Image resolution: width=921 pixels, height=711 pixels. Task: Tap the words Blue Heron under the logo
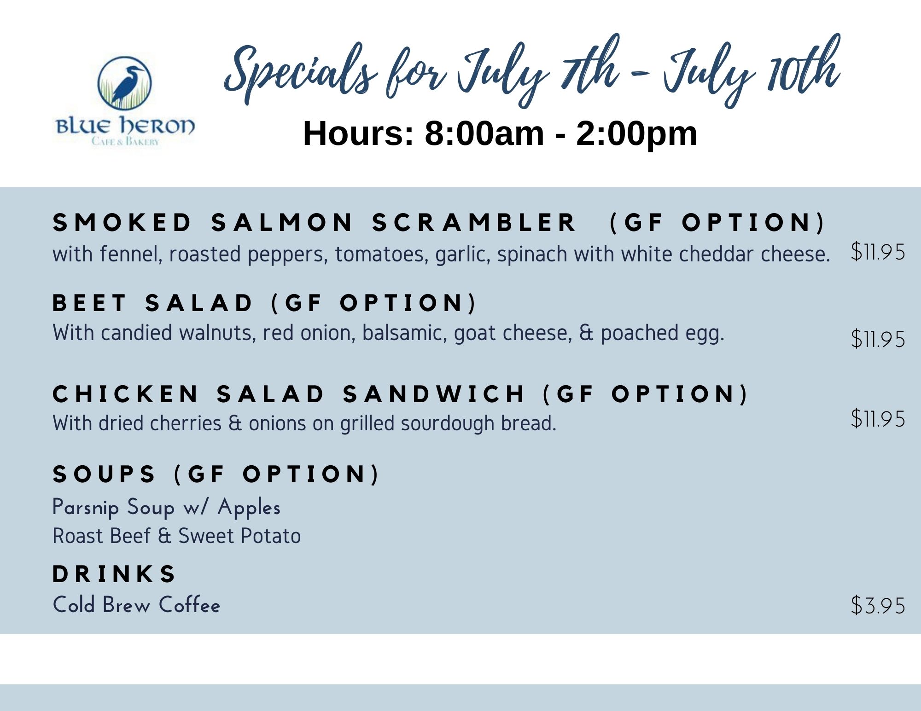tap(125, 126)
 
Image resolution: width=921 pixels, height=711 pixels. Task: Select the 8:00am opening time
tap(484, 133)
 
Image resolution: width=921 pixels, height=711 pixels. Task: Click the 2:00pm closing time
tap(637, 133)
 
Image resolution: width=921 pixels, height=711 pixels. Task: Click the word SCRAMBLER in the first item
tap(474, 223)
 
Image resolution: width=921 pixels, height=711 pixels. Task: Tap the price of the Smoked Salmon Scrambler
tap(878, 252)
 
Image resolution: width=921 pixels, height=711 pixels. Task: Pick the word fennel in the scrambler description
tap(131, 254)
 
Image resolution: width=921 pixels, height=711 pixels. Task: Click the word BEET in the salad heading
tap(89, 303)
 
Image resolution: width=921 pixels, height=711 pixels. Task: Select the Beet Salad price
tap(878, 339)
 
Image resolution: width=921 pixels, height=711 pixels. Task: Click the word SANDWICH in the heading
tap(434, 394)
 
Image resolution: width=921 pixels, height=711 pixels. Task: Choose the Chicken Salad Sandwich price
tap(878, 419)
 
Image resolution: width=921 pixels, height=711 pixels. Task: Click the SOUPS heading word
tap(104, 474)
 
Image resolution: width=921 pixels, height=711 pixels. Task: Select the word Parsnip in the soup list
tap(86, 508)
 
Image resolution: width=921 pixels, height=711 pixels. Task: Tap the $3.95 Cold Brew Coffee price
tap(878, 605)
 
